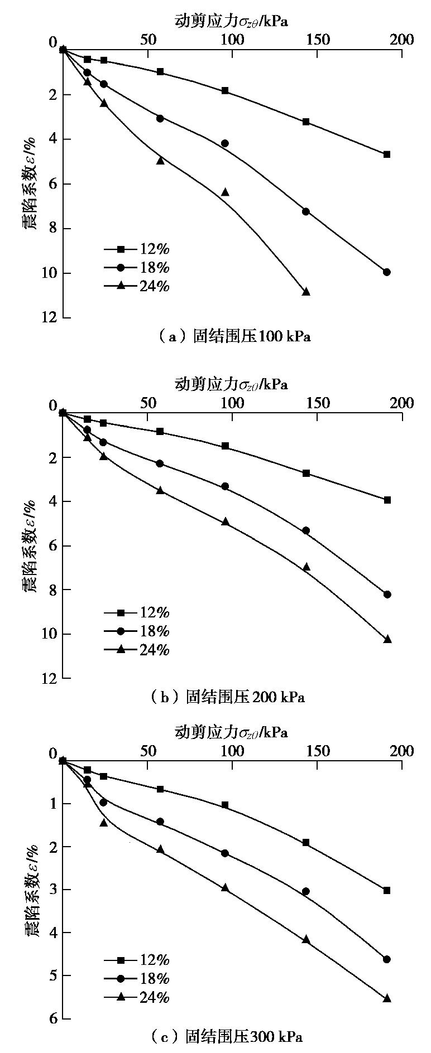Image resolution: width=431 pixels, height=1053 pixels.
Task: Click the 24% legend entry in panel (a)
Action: (137, 286)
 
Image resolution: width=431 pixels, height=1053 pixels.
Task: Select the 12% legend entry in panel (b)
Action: (137, 612)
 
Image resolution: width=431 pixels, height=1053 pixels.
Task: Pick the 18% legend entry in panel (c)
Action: (137, 978)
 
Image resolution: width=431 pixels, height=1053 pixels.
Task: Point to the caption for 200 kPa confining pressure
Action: (228, 697)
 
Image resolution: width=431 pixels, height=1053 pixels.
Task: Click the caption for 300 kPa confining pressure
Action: (227, 1037)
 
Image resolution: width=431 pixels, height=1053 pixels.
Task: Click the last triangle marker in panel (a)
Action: (306, 291)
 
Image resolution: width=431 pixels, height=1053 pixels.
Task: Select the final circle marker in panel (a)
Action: (387, 272)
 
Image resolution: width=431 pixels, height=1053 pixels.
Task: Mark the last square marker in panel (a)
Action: (387, 154)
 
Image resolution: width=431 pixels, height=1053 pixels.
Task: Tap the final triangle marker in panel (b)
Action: (387, 639)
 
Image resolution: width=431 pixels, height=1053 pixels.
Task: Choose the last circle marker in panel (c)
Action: (387, 959)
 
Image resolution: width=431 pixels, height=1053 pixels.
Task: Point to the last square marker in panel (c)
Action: (387, 890)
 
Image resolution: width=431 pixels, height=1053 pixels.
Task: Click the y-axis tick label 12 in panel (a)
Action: (50, 317)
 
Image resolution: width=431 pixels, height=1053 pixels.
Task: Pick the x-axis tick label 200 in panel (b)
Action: (402, 403)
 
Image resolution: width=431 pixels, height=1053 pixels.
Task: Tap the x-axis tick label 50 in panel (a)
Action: (148, 40)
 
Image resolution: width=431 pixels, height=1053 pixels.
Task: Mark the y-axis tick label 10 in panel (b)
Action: (50, 634)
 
